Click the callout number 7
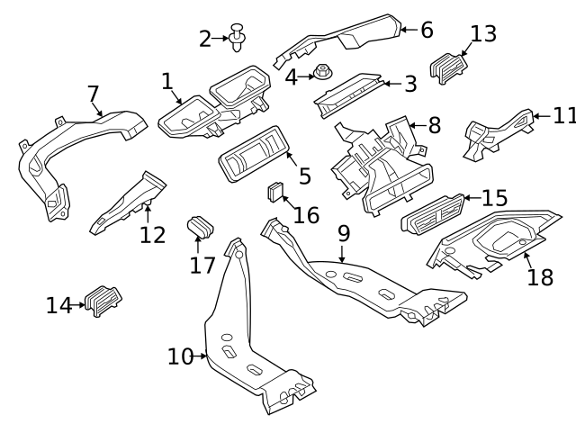coord(93,95)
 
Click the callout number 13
coord(483,34)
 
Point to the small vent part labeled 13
coord(448,68)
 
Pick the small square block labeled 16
coord(276,192)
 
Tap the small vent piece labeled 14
coord(103,300)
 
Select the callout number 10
coord(180,357)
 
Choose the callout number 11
coord(563,115)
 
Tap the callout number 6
coord(427,30)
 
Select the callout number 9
coord(343,233)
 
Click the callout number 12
coord(152,234)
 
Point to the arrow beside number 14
coord(78,306)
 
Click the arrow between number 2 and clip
coord(220,39)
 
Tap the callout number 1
coord(167,82)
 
